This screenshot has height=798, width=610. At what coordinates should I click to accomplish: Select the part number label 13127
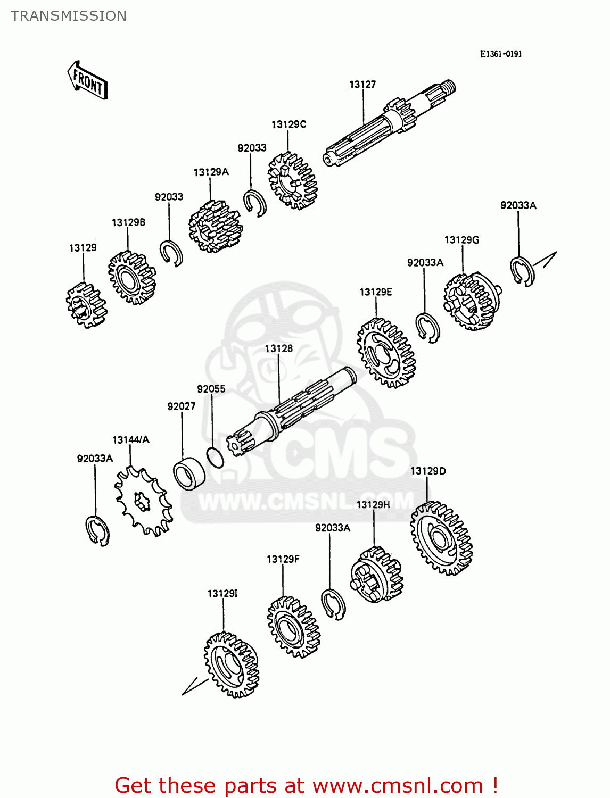click(x=362, y=85)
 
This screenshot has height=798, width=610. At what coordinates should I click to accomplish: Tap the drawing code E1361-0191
click(x=500, y=54)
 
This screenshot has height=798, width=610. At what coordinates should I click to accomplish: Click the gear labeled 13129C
click(x=292, y=181)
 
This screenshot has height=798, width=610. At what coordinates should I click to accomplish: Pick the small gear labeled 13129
click(x=86, y=305)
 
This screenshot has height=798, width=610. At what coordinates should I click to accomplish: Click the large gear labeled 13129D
click(x=441, y=538)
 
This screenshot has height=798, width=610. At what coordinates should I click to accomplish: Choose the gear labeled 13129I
click(x=231, y=664)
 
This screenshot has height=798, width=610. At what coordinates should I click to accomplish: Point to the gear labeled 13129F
click(x=293, y=627)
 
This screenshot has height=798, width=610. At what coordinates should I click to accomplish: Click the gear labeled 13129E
click(x=386, y=353)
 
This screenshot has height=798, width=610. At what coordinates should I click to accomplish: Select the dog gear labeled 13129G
click(x=472, y=301)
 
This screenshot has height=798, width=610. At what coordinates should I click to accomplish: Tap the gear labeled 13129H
click(x=376, y=575)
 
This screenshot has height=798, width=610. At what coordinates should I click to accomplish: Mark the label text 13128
click(x=279, y=348)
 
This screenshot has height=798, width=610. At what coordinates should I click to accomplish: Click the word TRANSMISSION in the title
click(x=69, y=16)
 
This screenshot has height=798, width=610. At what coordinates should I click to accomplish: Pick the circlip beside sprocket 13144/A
click(x=97, y=530)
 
